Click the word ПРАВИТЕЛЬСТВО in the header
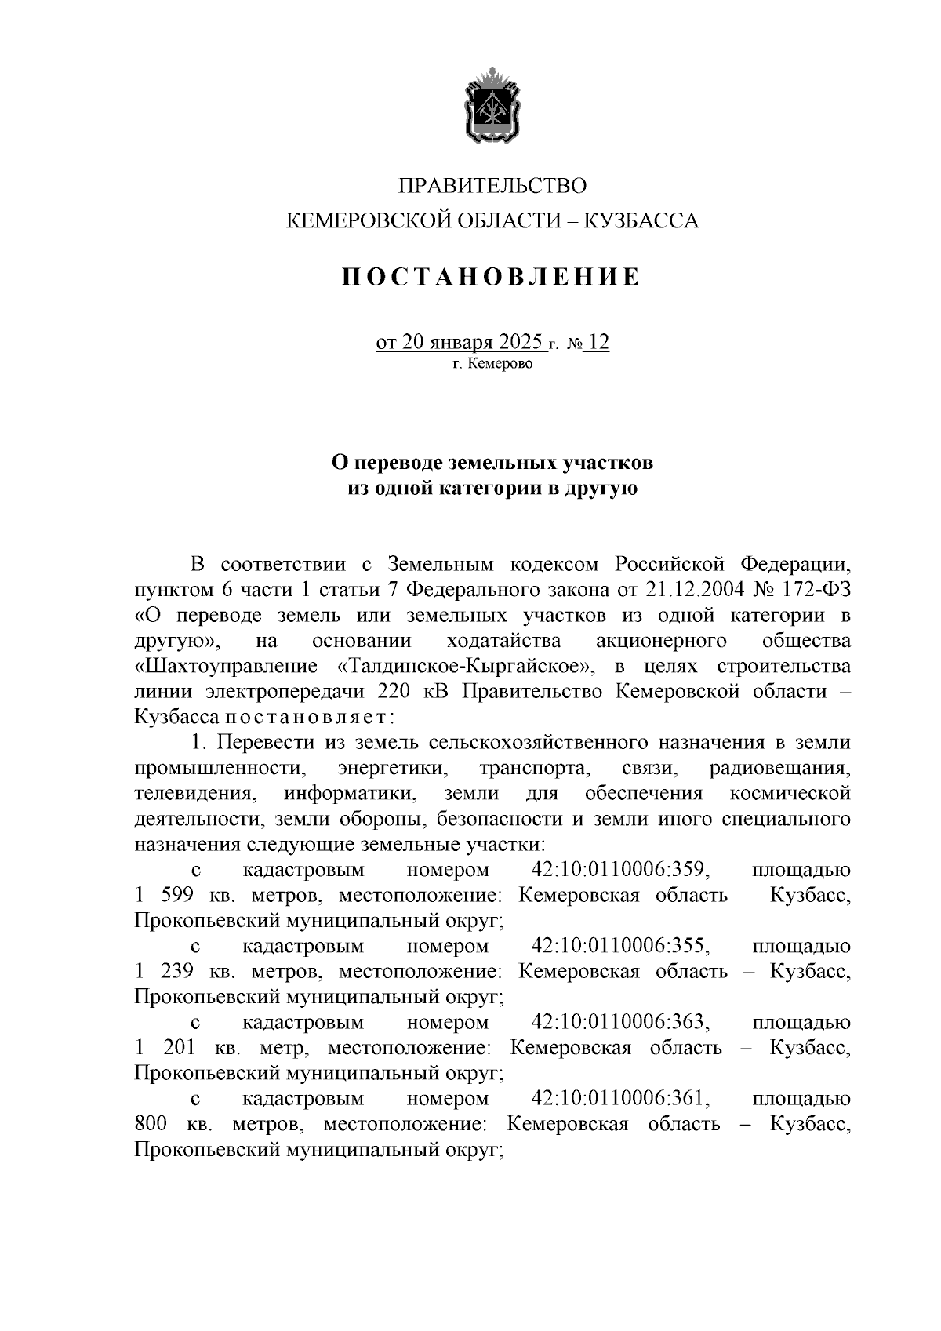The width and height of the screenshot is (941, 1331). point(492,186)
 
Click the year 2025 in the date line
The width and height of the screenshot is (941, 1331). point(515,343)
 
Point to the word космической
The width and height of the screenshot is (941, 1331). point(790,794)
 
